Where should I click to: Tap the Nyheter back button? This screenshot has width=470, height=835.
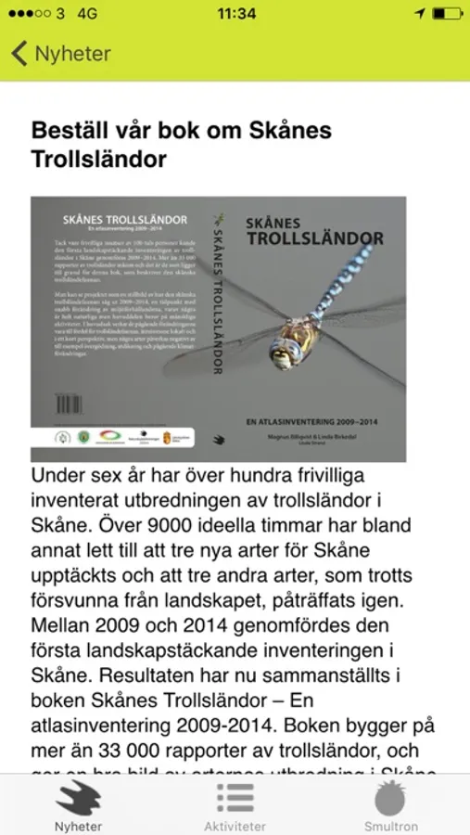coord(60,53)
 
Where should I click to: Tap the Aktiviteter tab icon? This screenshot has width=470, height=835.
coord(235,798)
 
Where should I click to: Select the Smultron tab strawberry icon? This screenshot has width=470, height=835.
coord(390,798)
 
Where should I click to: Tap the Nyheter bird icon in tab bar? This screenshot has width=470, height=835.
coord(78,798)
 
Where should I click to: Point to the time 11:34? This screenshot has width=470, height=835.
coord(235,14)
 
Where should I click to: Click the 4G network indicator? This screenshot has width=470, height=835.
coord(88,14)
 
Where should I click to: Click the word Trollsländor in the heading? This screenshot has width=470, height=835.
coord(99,159)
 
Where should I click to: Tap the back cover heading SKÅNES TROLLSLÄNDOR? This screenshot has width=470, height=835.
coord(123,220)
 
